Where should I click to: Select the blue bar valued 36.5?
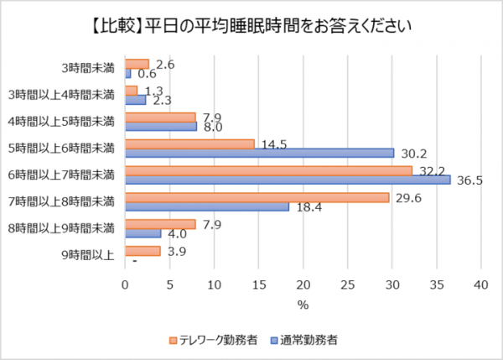coord(288,180)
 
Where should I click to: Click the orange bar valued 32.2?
coord(268,170)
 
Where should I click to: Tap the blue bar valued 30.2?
coord(259,153)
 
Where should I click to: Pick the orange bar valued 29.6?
coord(257,197)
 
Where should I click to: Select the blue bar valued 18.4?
coord(207,206)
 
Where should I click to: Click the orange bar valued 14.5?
coord(189,143)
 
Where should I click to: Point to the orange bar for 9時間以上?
coord(143,251)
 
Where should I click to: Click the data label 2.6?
coord(164,64)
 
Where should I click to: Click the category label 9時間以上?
coord(88,255)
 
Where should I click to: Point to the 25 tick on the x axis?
coord(347,284)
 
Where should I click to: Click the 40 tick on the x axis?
coord(480,284)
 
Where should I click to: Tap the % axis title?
coord(303,305)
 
